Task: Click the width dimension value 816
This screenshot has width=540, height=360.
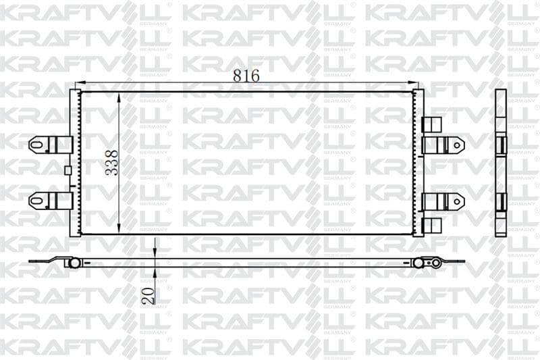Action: pos(246,76)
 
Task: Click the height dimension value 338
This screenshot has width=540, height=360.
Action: pos(112,163)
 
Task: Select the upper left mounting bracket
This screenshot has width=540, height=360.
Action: pos(51,145)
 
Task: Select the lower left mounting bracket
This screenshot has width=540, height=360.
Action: pos(51,201)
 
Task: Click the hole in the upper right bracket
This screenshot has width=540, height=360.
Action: pos(457,145)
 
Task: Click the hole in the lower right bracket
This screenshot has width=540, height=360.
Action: pos(457,201)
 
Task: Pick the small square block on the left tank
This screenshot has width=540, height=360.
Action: pos(67,170)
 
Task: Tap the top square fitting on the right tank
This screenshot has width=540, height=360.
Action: pos(431,124)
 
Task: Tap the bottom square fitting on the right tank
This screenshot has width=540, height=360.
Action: pos(431,225)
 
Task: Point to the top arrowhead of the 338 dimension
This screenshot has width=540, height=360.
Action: pos(119,97)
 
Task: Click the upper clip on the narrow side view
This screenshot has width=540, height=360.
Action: pos(501,145)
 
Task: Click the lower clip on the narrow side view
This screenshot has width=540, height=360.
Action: pos(501,201)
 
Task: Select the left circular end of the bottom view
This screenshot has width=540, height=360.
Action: pos(74,262)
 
